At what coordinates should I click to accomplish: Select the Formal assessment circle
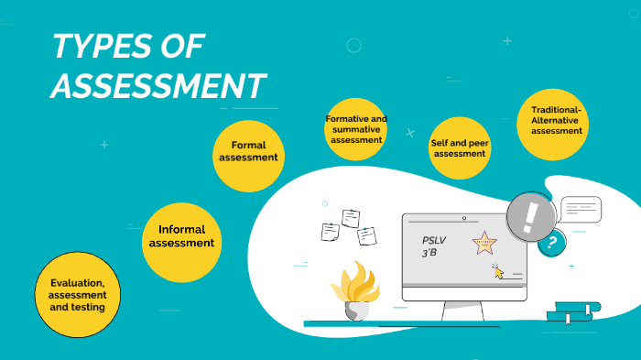(x=248, y=152)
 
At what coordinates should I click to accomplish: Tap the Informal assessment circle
(x=181, y=237)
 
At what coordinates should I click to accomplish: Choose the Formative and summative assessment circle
(x=356, y=130)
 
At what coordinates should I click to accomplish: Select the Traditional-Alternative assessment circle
(x=557, y=121)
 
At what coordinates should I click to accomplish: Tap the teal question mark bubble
(x=551, y=244)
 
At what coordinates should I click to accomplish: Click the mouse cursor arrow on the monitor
(x=498, y=270)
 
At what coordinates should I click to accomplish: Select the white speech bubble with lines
(x=581, y=210)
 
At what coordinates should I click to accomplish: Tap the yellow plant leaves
(x=354, y=283)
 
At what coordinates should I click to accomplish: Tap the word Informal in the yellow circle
(x=181, y=229)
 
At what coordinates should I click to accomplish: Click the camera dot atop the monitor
(x=464, y=219)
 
